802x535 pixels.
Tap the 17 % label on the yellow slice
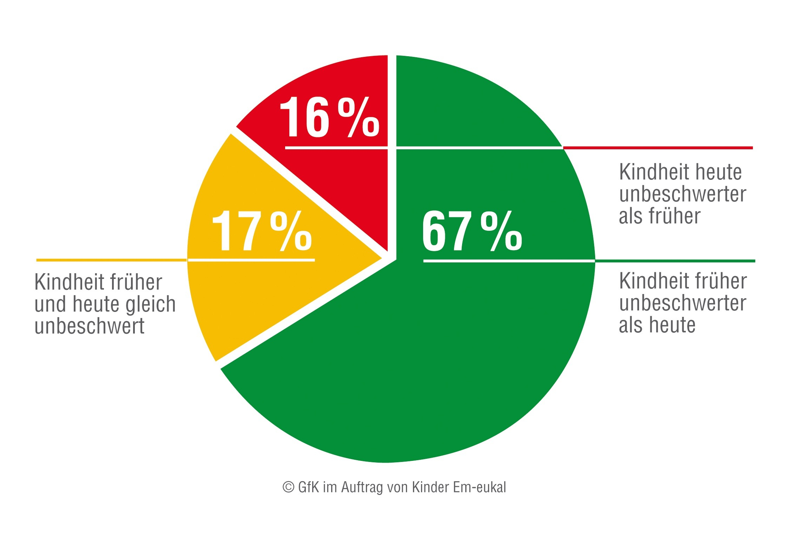point(262,231)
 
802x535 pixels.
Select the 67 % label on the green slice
point(472,231)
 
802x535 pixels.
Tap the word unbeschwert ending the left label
point(89,326)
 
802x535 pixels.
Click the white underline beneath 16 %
point(336,148)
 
